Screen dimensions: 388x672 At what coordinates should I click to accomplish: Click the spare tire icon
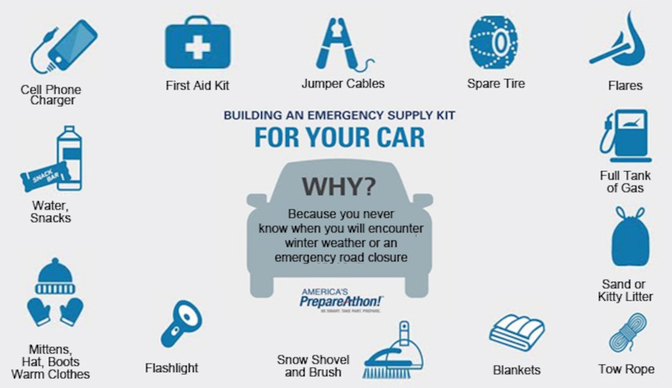[493, 42]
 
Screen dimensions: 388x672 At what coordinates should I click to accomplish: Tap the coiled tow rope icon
[628, 333]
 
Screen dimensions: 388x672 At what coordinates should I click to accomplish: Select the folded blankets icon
[517, 332]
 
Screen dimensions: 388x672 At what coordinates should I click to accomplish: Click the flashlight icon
[181, 323]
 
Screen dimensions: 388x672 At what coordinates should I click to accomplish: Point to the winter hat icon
[55, 277]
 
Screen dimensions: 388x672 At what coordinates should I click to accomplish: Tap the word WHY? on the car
[339, 187]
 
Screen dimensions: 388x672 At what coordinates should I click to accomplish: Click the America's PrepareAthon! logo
[341, 300]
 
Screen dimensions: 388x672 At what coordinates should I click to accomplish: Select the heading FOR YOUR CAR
[339, 137]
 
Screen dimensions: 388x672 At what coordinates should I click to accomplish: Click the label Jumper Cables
[343, 84]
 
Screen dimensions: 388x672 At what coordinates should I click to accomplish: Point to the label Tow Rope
[626, 369]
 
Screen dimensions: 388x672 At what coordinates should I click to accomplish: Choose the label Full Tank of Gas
[625, 181]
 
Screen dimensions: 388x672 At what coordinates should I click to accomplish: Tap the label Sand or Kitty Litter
[625, 291]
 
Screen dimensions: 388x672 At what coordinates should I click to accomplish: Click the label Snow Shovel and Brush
[313, 366]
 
